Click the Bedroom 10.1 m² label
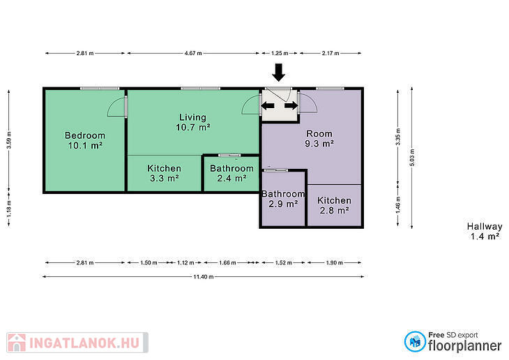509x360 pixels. pyautogui.click(x=85, y=140)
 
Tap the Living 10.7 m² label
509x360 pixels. pyautogui.click(x=193, y=122)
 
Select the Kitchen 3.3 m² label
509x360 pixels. pyautogui.click(x=165, y=173)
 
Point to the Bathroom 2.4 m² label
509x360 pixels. pyautogui.click(x=231, y=173)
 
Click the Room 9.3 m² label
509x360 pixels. pyautogui.click(x=319, y=138)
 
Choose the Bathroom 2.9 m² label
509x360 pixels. pyautogui.click(x=283, y=199)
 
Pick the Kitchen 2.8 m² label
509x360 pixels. pyautogui.click(x=335, y=205)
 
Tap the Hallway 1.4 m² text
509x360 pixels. pyautogui.click(x=485, y=232)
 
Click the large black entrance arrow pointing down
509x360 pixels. pyautogui.click(x=278, y=73)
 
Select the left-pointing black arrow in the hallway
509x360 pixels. pyautogui.click(x=268, y=105)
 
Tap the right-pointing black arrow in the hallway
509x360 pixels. pyautogui.click(x=291, y=105)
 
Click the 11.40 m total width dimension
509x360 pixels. pyautogui.click(x=203, y=277)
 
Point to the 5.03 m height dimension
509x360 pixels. pyautogui.click(x=412, y=158)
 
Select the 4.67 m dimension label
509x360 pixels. pyautogui.click(x=193, y=53)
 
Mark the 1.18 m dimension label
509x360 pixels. pyautogui.click(x=9, y=209)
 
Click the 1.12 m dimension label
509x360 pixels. pyautogui.click(x=185, y=262)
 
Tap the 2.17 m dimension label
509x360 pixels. pyautogui.click(x=331, y=53)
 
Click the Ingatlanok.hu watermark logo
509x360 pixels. pyautogui.click(x=77, y=343)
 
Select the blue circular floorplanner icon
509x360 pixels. pyautogui.click(x=415, y=341)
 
